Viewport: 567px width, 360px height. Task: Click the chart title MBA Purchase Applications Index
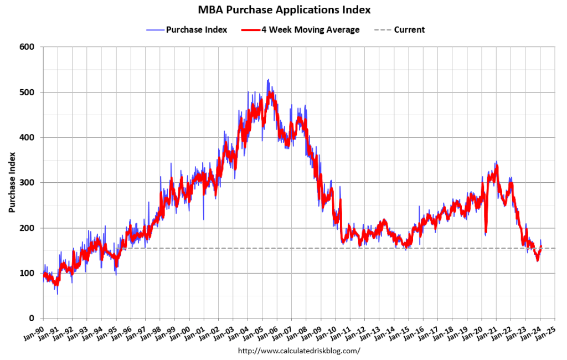tap(283, 10)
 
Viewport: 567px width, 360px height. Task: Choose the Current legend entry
tap(409, 29)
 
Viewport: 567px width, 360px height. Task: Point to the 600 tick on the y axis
tap(28, 47)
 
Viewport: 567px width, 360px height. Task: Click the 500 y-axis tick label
tap(28, 92)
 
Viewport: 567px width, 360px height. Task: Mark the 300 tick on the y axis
tap(28, 183)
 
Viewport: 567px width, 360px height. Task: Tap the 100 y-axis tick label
tap(28, 273)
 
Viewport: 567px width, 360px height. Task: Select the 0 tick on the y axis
tap(33, 318)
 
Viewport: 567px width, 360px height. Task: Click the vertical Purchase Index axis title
tap(12, 183)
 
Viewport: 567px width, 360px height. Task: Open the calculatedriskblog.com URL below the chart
tap(299, 351)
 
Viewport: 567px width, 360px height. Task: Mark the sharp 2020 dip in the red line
tap(486, 232)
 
